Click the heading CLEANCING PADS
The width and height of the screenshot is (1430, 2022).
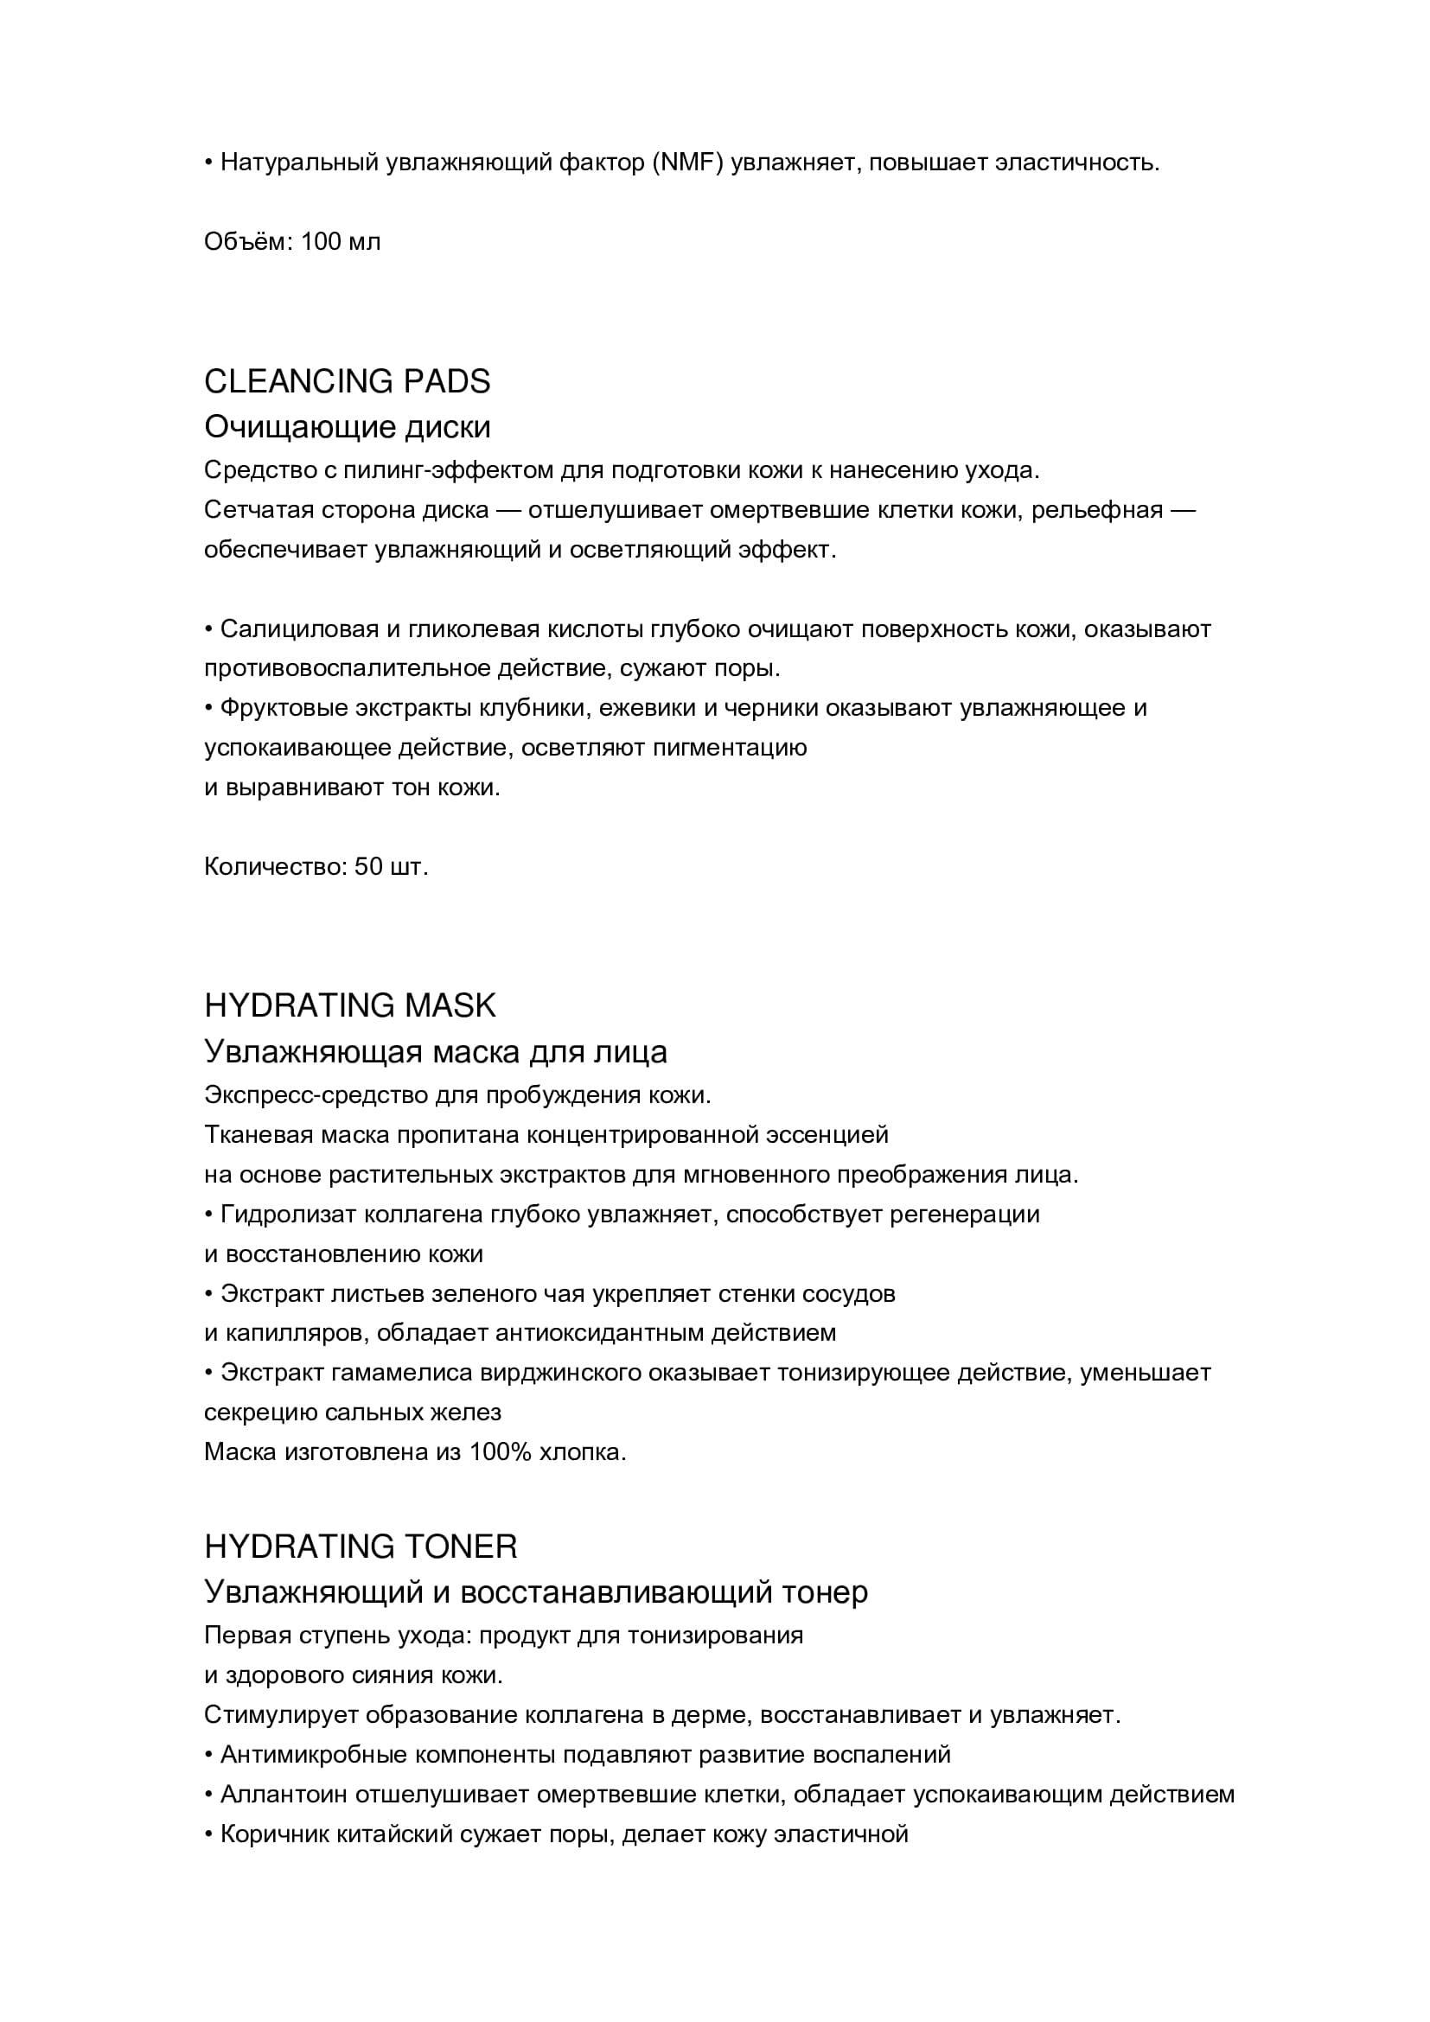pyautogui.click(x=347, y=381)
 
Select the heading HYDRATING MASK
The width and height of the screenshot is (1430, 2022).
pyautogui.click(x=349, y=1005)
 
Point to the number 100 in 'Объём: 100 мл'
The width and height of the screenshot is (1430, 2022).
pyautogui.click(x=321, y=241)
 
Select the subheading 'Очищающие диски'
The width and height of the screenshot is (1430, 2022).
pyautogui.click(x=347, y=427)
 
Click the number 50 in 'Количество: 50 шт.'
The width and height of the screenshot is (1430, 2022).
pyautogui.click(x=368, y=866)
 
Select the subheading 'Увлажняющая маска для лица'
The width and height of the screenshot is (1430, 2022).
pyautogui.click(x=435, y=1051)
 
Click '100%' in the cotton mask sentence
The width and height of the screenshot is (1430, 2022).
pyautogui.click(x=500, y=1451)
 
